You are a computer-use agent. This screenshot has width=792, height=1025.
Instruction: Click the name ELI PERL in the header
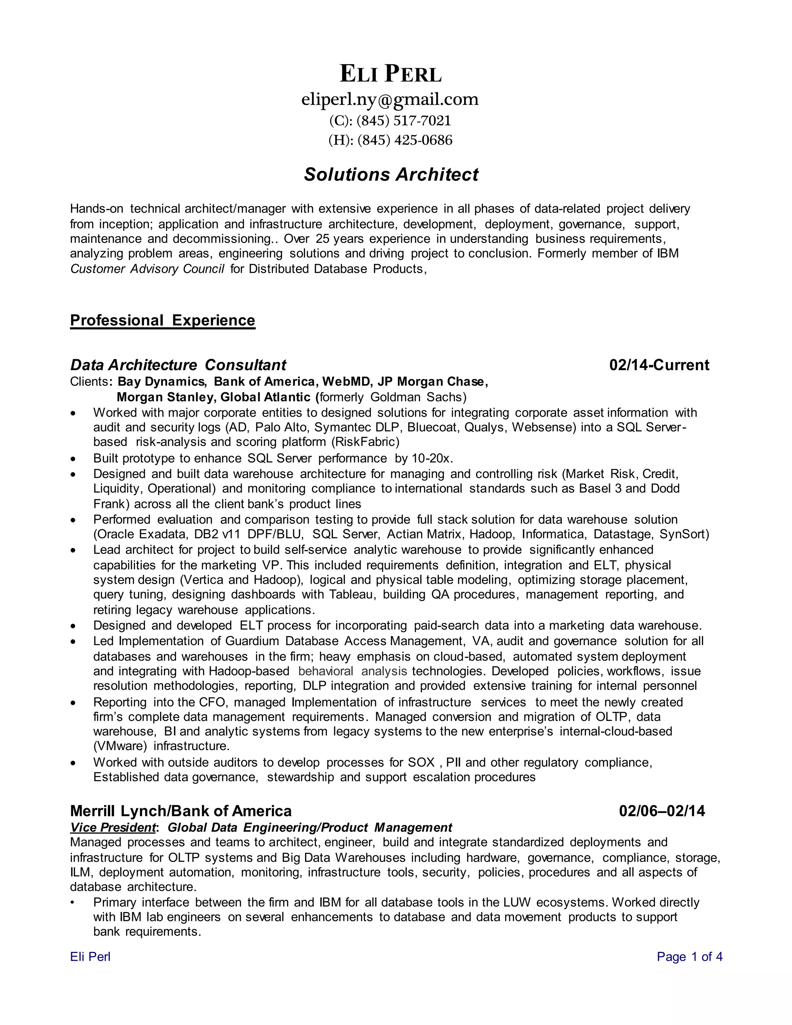click(x=390, y=74)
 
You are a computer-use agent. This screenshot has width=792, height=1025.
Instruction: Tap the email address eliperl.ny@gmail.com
click(x=390, y=99)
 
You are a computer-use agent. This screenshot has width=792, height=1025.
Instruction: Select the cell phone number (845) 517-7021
click(x=403, y=121)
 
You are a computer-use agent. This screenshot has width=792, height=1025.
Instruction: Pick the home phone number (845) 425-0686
click(x=405, y=140)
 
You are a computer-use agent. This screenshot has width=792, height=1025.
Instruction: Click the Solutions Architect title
click(x=391, y=174)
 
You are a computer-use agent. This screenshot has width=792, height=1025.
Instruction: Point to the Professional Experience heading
click(x=162, y=320)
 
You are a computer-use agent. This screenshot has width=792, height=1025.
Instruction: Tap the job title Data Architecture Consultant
click(x=178, y=365)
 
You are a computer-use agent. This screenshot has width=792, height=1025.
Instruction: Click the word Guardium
click(x=252, y=641)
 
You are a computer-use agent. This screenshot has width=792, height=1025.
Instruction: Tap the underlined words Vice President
click(x=113, y=827)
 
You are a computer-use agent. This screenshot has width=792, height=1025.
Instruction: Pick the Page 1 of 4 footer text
click(x=689, y=957)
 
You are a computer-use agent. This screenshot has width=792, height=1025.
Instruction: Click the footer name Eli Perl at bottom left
click(x=90, y=957)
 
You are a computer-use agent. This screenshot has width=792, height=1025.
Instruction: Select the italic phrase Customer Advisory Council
click(x=147, y=268)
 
